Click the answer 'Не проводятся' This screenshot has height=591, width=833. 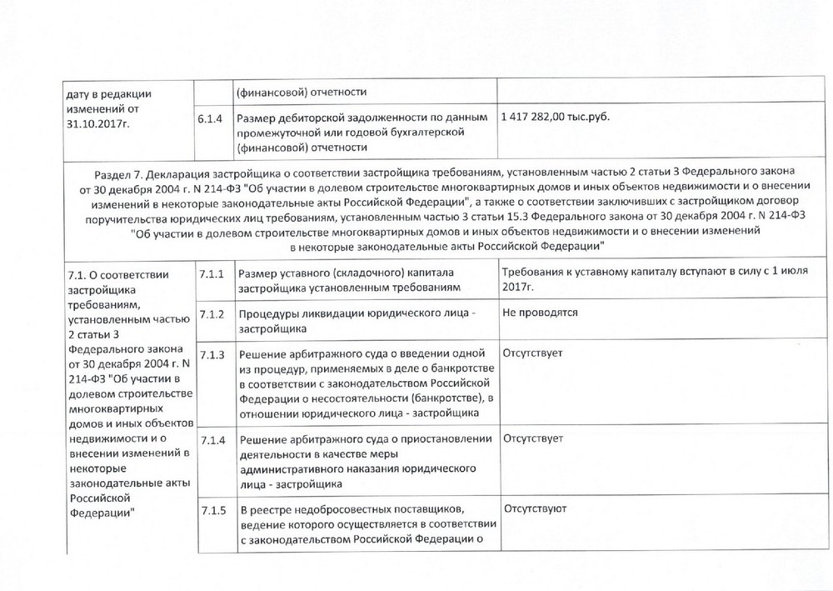(540, 313)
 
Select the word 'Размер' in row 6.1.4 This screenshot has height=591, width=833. (257, 119)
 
